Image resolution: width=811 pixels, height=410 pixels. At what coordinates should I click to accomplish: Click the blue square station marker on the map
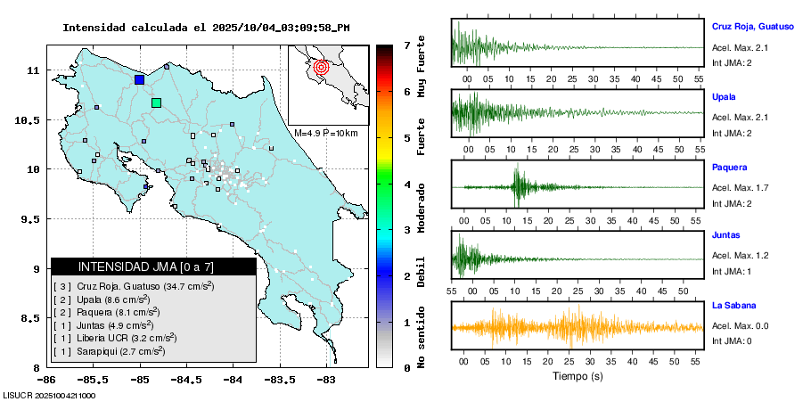click(139, 79)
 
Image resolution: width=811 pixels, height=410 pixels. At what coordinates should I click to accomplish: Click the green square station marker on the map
click(157, 102)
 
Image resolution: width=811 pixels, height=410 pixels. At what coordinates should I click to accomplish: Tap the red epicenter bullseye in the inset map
click(322, 66)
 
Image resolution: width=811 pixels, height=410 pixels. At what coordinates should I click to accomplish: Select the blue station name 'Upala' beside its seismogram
click(724, 96)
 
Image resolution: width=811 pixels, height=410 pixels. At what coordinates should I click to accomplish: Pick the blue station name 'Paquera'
click(730, 167)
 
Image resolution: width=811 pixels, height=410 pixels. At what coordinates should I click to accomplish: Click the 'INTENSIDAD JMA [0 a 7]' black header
click(153, 266)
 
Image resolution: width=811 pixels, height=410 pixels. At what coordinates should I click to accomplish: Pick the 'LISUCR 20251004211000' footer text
click(50, 395)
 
